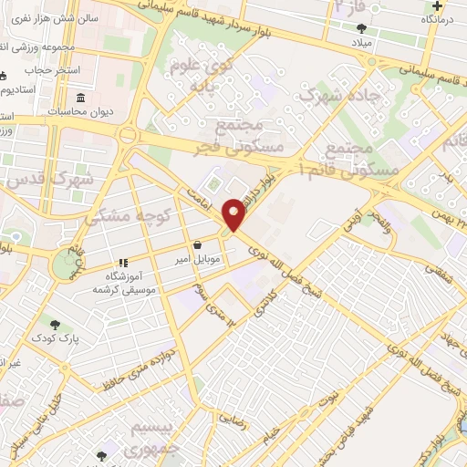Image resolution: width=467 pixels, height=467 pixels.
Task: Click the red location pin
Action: [234, 215]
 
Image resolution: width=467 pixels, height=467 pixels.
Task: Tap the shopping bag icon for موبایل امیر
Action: [198, 244]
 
